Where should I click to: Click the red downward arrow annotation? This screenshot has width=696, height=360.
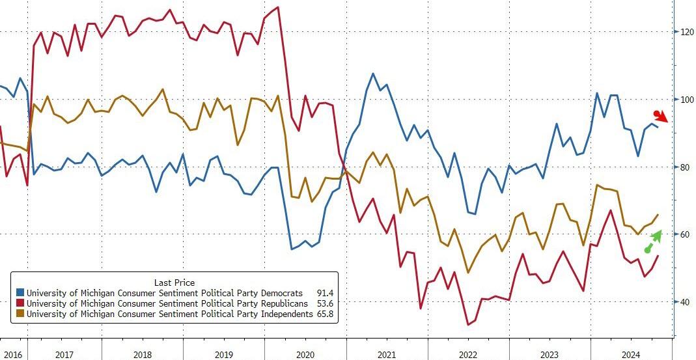tap(661, 117)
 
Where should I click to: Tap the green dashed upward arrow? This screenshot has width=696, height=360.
tap(653, 240)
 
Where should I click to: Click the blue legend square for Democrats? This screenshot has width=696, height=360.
tap(20, 293)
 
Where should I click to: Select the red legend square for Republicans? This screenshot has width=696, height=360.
tap(20, 303)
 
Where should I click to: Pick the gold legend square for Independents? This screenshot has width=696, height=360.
tap(20, 314)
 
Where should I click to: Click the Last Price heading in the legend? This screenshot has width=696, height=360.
tap(174, 282)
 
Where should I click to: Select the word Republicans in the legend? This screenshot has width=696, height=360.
tap(278, 303)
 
